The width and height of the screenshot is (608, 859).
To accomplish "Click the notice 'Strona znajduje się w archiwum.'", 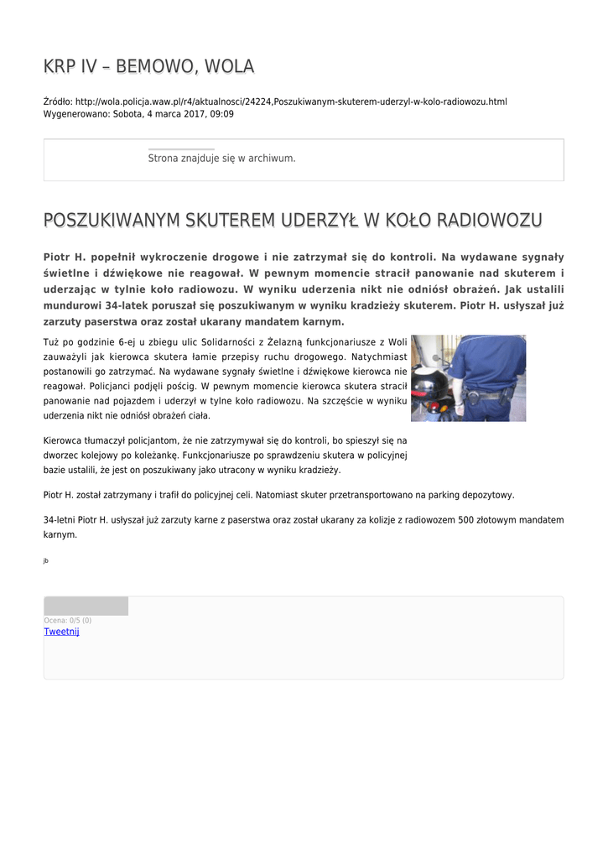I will click(x=221, y=158).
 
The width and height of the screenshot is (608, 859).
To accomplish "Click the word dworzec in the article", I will click(x=61, y=455).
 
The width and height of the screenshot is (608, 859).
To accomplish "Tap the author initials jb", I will click(x=45, y=560).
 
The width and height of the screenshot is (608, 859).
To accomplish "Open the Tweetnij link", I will click(x=61, y=632).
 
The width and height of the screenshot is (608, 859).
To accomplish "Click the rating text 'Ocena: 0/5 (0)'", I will click(x=68, y=621).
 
